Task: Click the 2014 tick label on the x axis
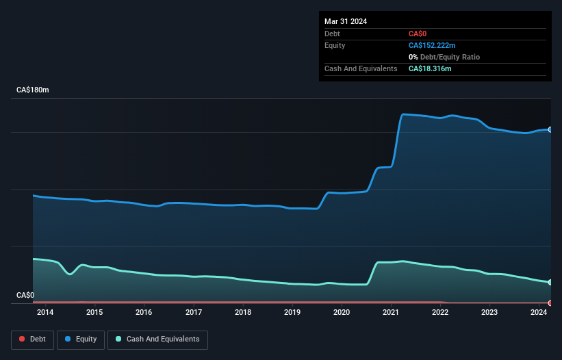coord(45,313)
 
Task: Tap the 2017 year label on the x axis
coord(194,313)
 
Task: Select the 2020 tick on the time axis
coord(342,313)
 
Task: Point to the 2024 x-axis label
coord(539,313)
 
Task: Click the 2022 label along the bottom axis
coord(440,313)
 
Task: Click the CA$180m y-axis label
coord(33,90)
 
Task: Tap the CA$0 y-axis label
coord(25,295)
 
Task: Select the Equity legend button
coord(81,339)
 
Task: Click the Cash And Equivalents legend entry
coord(157,339)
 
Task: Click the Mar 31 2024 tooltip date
coord(346,21)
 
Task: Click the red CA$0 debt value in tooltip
coord(418,34)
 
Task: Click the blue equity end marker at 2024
coord(550,129)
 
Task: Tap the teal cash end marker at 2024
coord(550,282)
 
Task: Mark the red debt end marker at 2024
coord(550,303)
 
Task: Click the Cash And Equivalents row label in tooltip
coord(361,68)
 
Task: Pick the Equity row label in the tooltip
coord(335,45)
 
